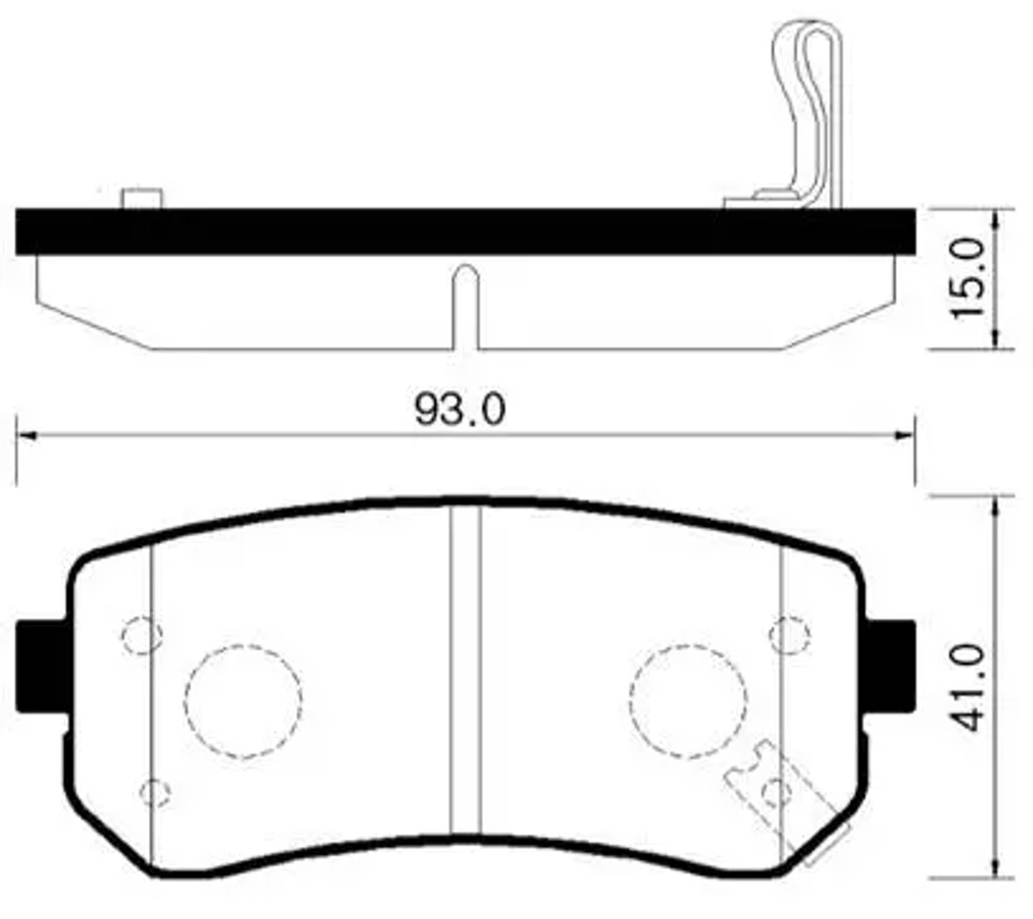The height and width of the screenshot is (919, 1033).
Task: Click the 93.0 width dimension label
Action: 460,409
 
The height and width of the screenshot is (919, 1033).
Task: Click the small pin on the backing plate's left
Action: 142,198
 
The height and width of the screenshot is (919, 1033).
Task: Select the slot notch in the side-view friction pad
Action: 466,305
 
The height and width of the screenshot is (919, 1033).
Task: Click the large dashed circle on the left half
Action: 243,701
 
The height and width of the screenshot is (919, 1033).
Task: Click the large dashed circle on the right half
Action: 688,701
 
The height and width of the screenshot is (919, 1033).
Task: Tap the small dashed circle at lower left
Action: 154,793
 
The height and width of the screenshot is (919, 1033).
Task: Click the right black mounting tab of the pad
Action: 892,666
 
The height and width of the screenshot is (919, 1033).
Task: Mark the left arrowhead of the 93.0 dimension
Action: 25,435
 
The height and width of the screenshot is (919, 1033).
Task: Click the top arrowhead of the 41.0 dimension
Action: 997,505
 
